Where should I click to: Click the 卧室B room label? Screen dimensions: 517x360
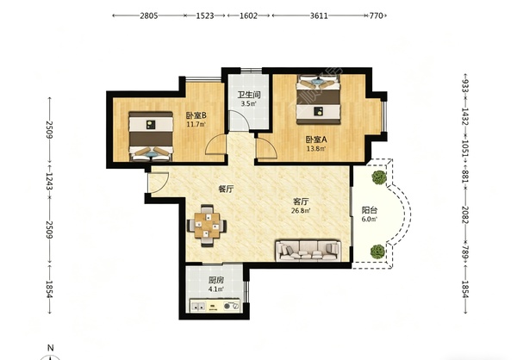[x=196, y=115]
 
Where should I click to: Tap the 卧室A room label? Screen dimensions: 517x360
[x=316, y=140]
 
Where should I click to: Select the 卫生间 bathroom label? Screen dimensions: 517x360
[x=249, y=96]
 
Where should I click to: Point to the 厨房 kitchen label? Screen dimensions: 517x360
[x=216, y=281]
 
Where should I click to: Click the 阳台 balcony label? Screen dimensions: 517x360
[x=370, y=210]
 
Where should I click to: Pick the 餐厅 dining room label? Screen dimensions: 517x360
[x=226, y=189]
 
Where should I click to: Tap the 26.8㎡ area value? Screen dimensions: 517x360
[x=301, y=211]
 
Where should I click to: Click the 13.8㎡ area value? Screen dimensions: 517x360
[x=316, y=149]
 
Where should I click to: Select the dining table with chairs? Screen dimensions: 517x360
[x=207, y=226]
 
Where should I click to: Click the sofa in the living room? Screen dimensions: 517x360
[x=308, y=251]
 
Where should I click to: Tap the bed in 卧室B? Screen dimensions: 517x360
[x=151, y=136]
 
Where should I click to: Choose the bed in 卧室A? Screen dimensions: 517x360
[x=318, y=100]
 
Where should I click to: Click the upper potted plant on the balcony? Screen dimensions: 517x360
[x=379, y=177]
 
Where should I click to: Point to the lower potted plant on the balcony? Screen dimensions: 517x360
[x=377, y=251]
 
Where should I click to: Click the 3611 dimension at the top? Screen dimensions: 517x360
[x=319, y=16]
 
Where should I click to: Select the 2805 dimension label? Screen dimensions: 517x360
[x=149, y=16]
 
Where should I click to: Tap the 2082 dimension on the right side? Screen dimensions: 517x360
[x=465, y=215]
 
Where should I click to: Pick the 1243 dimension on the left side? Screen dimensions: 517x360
[x=49, y=182]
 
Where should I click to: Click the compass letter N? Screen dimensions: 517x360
[x=51, y=348]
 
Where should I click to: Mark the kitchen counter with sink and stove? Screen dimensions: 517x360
[x=215, y=306]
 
